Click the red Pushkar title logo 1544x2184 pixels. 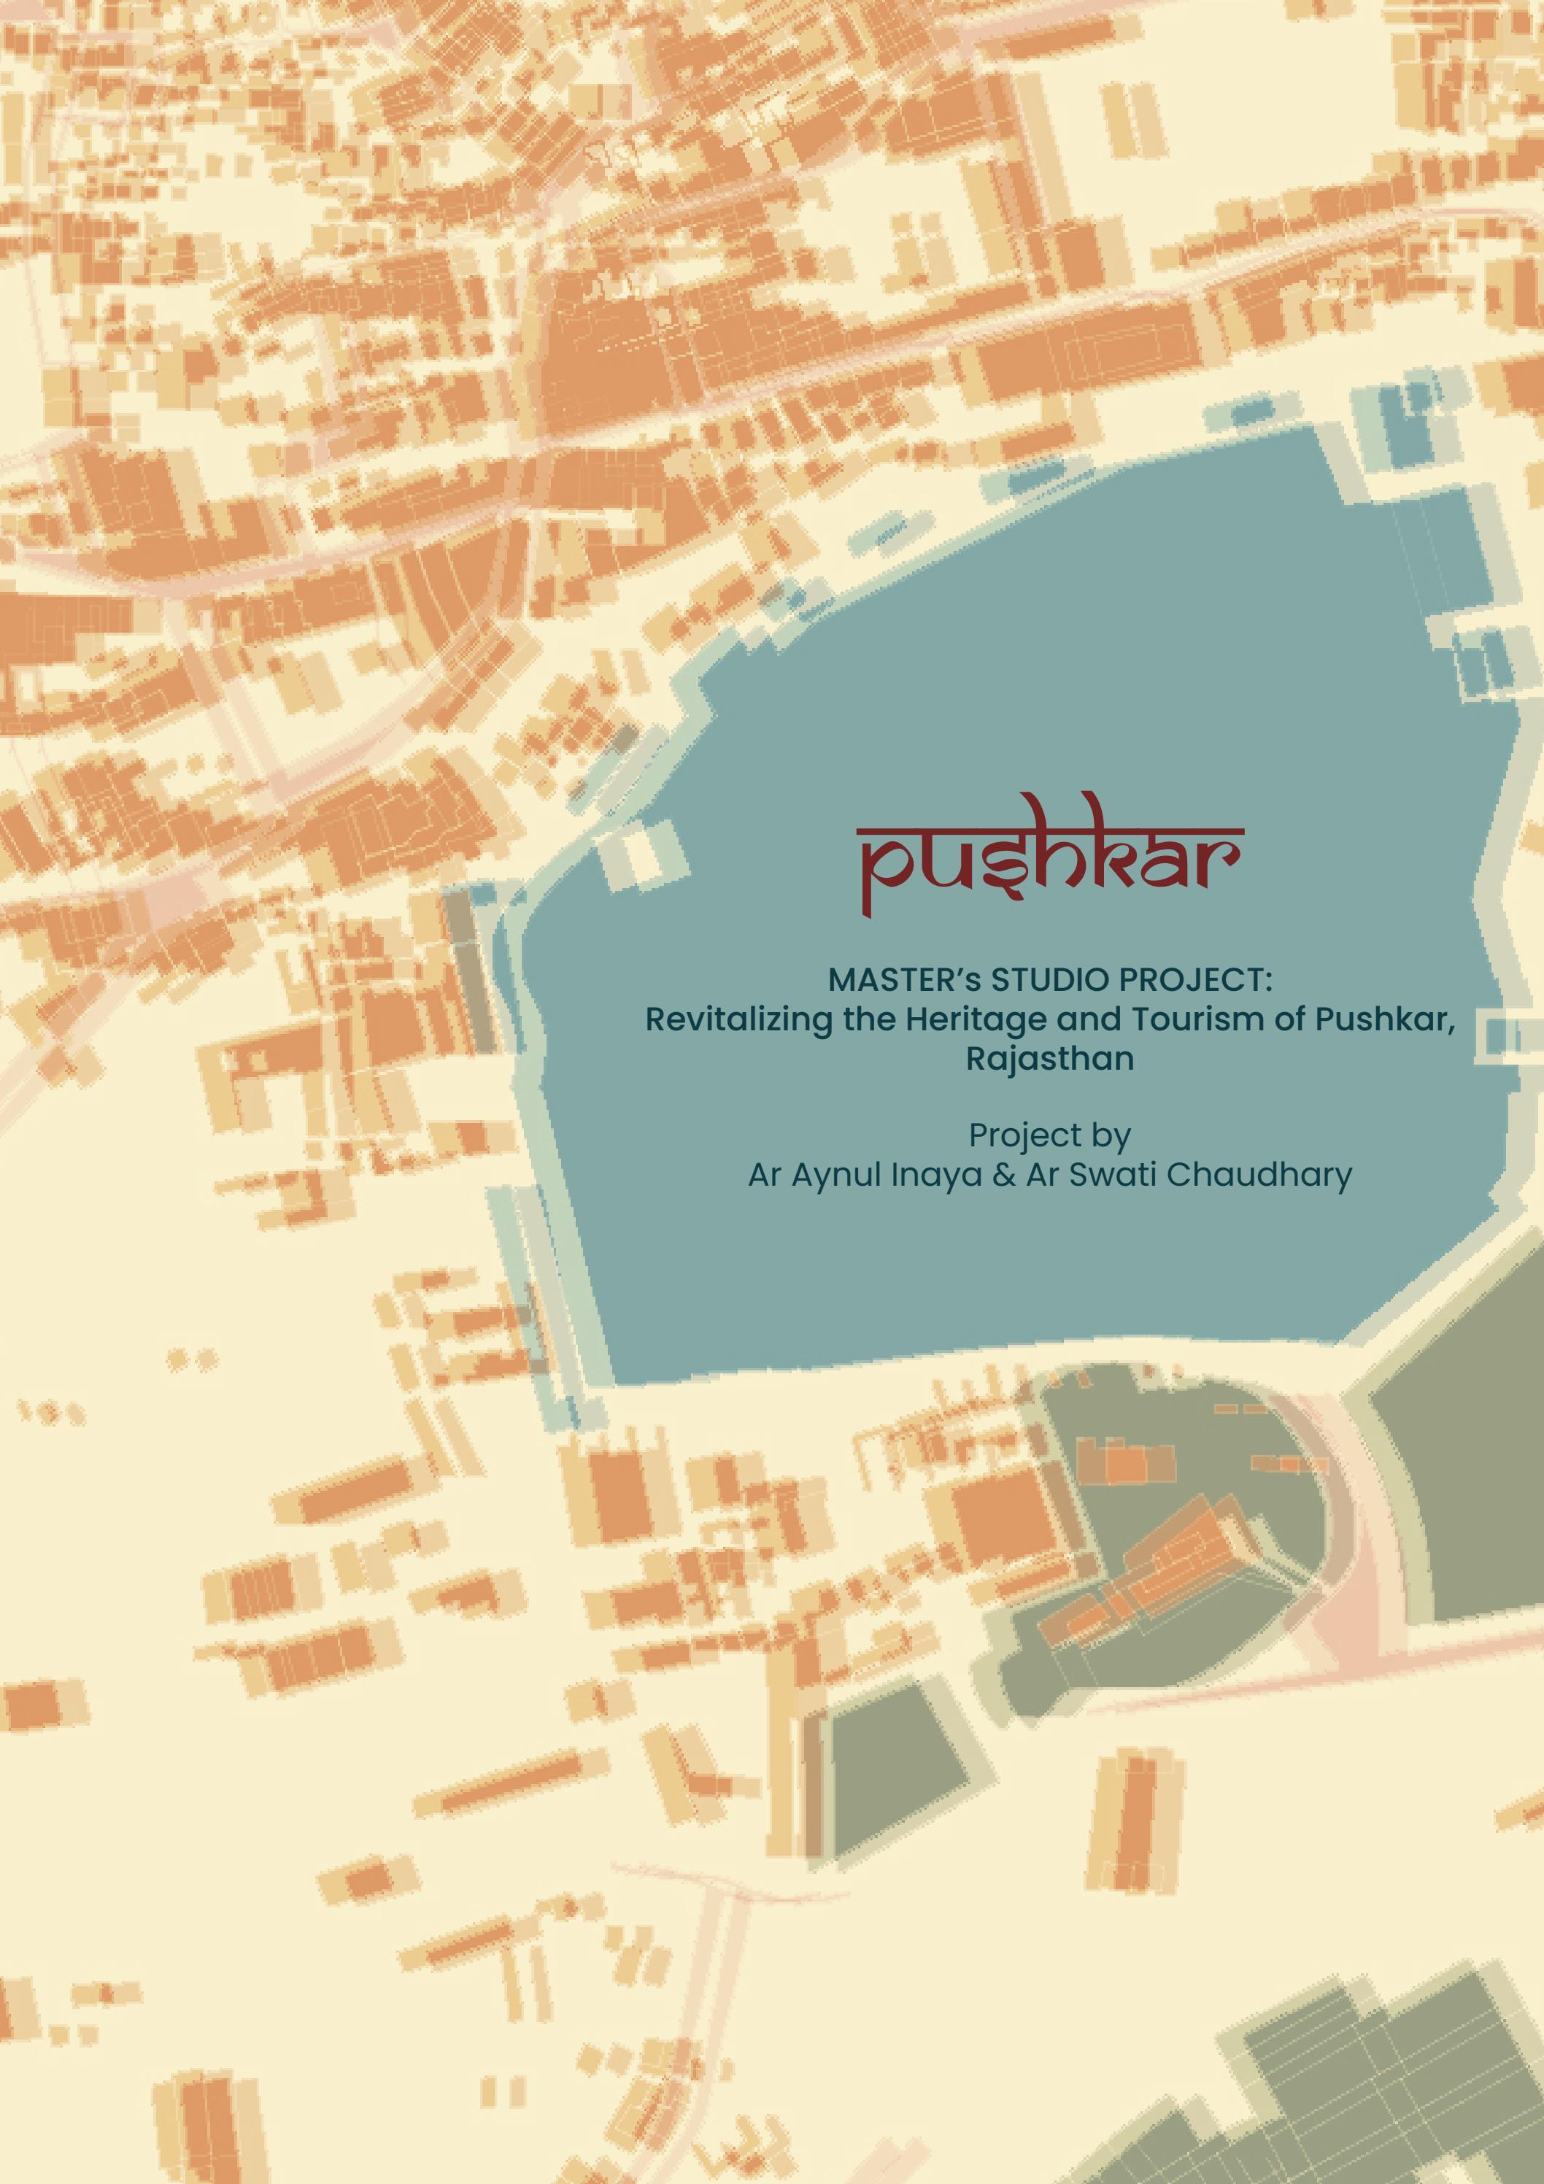(1050, 855)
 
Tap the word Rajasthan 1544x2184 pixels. (1049, 1059)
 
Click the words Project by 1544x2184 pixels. (1049, 1135)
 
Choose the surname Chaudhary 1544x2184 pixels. (1259, 1176)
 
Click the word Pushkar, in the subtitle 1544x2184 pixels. (1385, 1019)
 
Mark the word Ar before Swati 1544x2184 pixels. (1043, 1176)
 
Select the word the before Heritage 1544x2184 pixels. (868, 1019)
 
